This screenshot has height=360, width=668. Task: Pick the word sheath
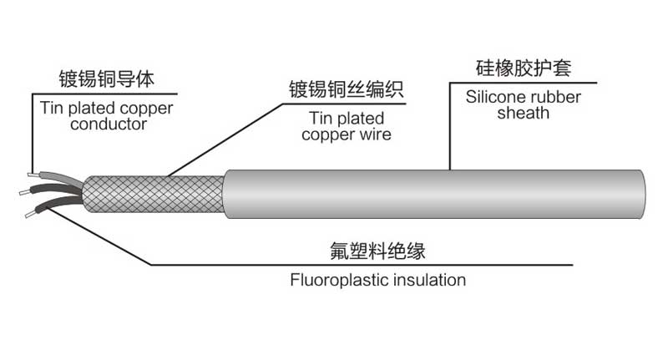pos(523,113)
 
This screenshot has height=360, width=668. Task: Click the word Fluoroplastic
pos(334,280)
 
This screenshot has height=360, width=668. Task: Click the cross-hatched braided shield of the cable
pos(154,195)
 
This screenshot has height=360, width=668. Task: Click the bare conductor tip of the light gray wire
pos(31,175)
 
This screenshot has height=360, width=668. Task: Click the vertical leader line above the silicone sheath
pos(450,125)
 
